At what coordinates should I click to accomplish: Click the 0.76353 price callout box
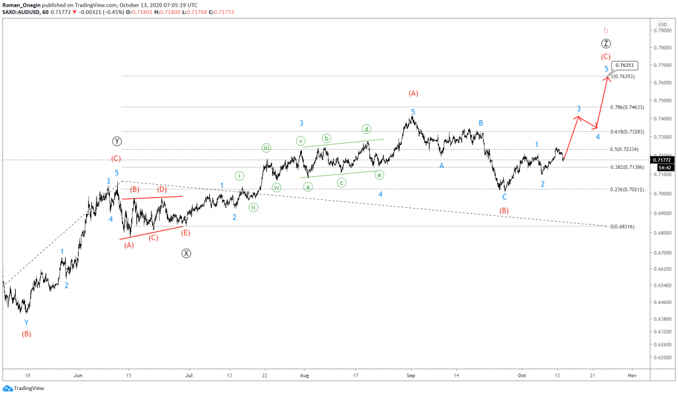pyautogui.click(x=626, y=66)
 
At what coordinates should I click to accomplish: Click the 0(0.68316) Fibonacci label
pyautogui.click(x=621, y=226)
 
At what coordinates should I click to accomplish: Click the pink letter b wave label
pyautogui.click(x=606, y=30)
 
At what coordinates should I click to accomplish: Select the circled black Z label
pyautogui.click(x=606, y=44)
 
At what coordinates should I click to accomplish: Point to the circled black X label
pyautogui.click(x=186, y=253)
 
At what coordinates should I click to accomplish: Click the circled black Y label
pyautogui.click(x=116, y=141)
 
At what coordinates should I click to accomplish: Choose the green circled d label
pyautogui.click(x=365, y=128)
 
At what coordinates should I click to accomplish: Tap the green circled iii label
pyautogui.click(x=266, y=148)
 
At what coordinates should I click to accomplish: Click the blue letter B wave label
pyautogui.click(x=481, y=123)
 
